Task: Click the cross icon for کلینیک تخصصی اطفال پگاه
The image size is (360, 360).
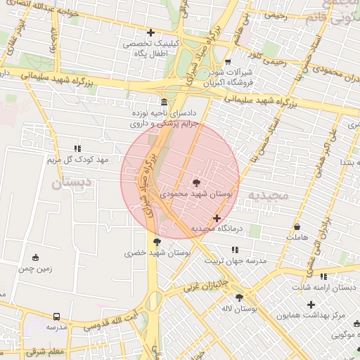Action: pos(150,32)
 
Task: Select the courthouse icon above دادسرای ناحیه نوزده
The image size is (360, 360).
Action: pos(164,101)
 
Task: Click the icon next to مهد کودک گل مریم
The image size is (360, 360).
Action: pos(77,148)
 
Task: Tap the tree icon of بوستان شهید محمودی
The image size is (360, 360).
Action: pos(195,182)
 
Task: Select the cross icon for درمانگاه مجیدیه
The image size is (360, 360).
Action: pos(217,219)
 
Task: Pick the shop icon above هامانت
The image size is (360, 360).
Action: pos(298,227)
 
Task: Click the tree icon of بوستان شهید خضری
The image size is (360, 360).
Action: pos(156,242)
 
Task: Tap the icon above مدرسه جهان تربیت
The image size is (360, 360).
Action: pos(236,250)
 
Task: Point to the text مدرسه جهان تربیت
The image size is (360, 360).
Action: pos(236,261)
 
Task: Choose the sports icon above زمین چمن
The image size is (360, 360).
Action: pos(36,257)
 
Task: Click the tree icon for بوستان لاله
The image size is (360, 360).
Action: pos(240,297)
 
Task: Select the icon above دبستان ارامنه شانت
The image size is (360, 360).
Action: pos(323,276)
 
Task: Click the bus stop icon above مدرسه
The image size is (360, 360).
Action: pos(57,316)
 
